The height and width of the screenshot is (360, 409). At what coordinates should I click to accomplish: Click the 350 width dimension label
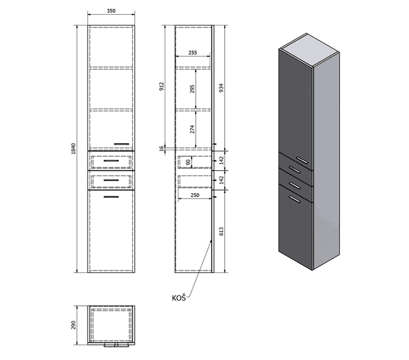click(111, 11)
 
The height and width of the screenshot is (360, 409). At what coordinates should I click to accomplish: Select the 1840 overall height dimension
click(73, 148)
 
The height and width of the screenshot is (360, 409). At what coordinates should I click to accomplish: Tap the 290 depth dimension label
click(73, 325)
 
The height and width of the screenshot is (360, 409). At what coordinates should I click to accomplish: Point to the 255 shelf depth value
click(192, 52)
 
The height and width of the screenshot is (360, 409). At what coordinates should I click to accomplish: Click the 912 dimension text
click(162, 86)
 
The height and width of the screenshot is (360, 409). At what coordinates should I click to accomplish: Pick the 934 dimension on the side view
click(221, 88)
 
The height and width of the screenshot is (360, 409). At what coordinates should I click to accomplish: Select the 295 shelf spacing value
click(192, 89)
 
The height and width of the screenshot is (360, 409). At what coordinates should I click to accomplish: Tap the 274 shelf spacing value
click(192, 129)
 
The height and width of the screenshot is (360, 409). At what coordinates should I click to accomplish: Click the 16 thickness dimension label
click(162, 148)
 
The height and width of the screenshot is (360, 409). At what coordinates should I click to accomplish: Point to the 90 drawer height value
click(188, 162)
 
